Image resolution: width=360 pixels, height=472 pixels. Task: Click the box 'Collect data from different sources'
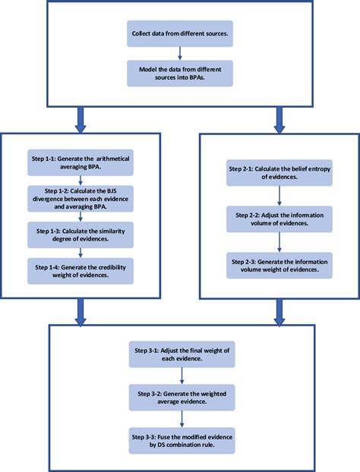[178, 34]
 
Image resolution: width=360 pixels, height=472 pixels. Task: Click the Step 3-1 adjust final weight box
[180, 351]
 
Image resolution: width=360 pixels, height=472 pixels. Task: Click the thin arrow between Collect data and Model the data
[178, 52]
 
